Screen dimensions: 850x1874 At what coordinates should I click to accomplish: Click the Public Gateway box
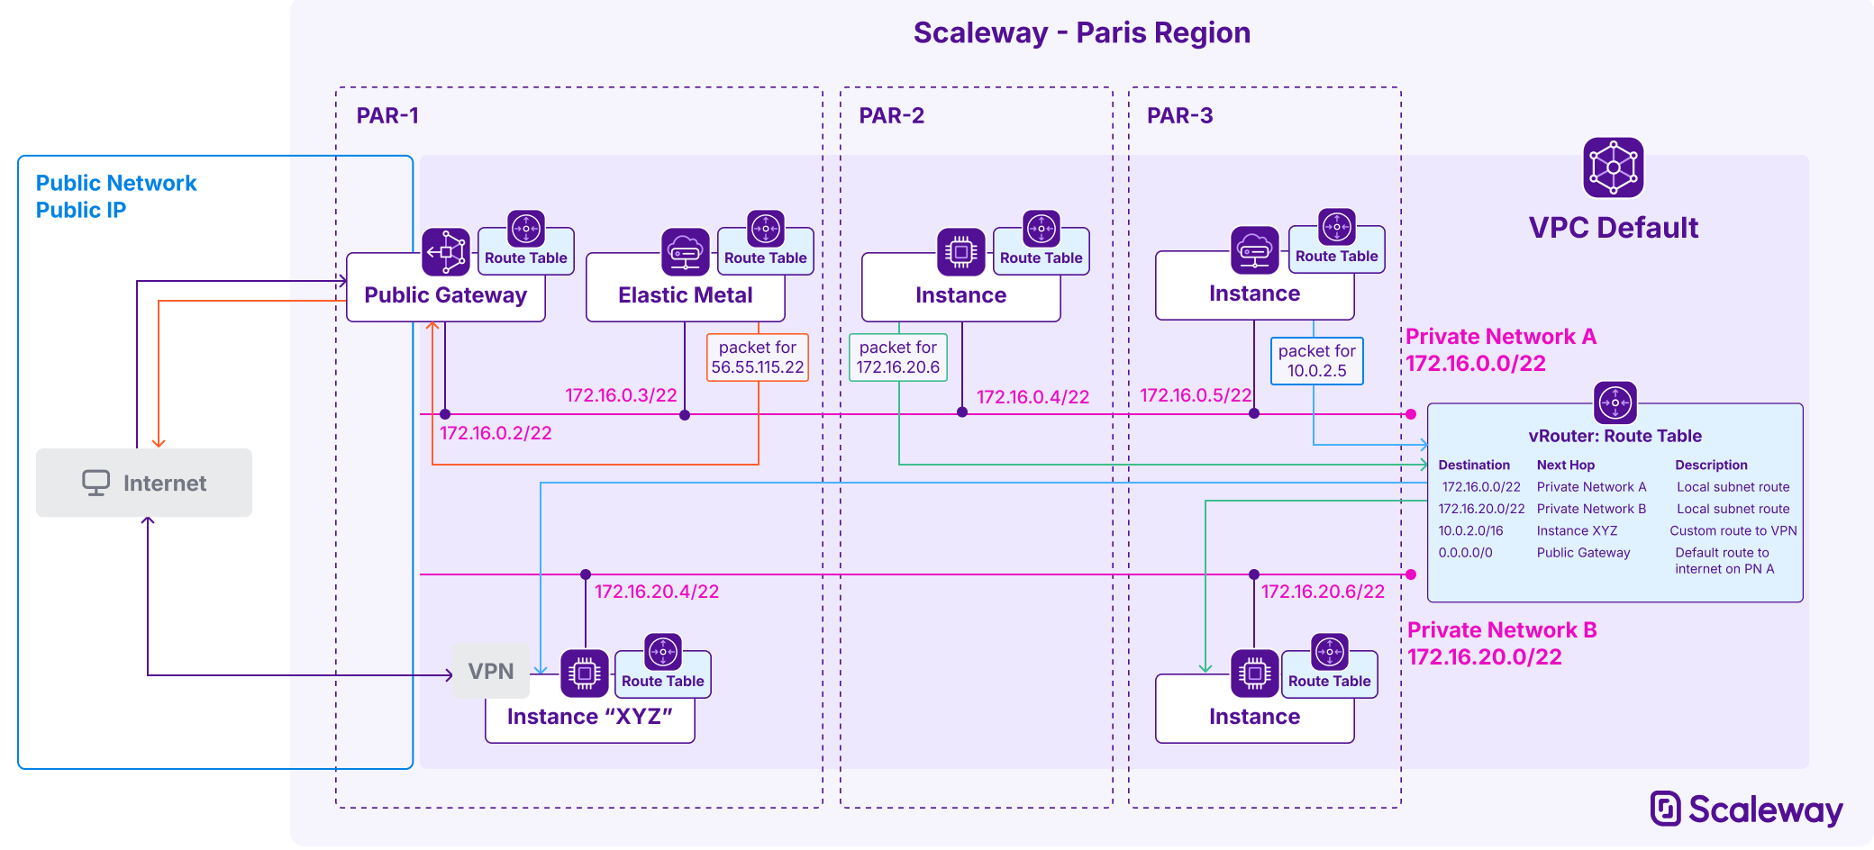click(x=445, y=295)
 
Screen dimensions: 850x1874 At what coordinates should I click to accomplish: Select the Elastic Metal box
click(x=685, y=295)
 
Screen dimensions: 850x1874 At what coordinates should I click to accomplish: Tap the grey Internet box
click(x=144, y=483)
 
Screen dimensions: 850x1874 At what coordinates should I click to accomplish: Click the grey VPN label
click(x=491, y=672)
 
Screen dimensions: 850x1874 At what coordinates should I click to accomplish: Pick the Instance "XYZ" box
click(x=589, y=718)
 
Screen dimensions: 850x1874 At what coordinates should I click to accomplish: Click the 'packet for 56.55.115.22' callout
click(x=757, y=357)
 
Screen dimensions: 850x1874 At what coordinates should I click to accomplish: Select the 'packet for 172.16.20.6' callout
click(x=897, y=357)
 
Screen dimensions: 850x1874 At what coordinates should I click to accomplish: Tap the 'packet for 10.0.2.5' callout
click(x=1316, y=361)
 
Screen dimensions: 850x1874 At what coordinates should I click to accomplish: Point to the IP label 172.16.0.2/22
click(x=496, y=433)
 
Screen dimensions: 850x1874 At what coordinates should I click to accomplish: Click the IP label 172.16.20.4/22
click(x=657, y=592)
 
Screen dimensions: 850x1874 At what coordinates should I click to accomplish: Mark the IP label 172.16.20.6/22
click(x=1323, y=592)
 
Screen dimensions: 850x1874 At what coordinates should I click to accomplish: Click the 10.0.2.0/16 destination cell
click(x=1470, y=531)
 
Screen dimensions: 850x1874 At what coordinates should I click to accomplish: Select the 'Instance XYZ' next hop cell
click(x=1577, y=531)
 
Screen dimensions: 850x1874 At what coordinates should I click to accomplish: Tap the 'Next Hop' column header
click(x=1565, y=466)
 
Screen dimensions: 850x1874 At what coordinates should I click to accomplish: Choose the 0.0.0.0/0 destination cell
click(x=1465, y=553)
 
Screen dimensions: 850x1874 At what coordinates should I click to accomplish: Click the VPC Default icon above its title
click(x=1613, y=167)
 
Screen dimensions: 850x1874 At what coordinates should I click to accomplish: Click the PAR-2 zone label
click(x=891, y=116)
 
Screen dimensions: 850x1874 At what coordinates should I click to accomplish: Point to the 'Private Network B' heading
click(x=1501, y=630)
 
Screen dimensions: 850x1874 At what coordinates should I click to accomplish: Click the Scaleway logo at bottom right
click(x=1746, y=809)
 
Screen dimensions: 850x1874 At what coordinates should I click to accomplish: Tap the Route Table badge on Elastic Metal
click(x=765, y=258)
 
